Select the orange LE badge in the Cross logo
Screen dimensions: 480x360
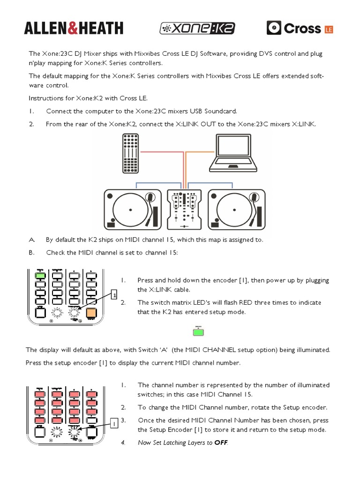point(329,30)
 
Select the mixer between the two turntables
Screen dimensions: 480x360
point(184,208)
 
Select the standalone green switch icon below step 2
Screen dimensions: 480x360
point(199,332)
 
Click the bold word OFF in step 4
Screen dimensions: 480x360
point(220,442)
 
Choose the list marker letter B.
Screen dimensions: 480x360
point(31,252)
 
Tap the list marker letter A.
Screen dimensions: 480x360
point(31,240)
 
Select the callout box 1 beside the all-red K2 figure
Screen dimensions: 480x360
point(113,424)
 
